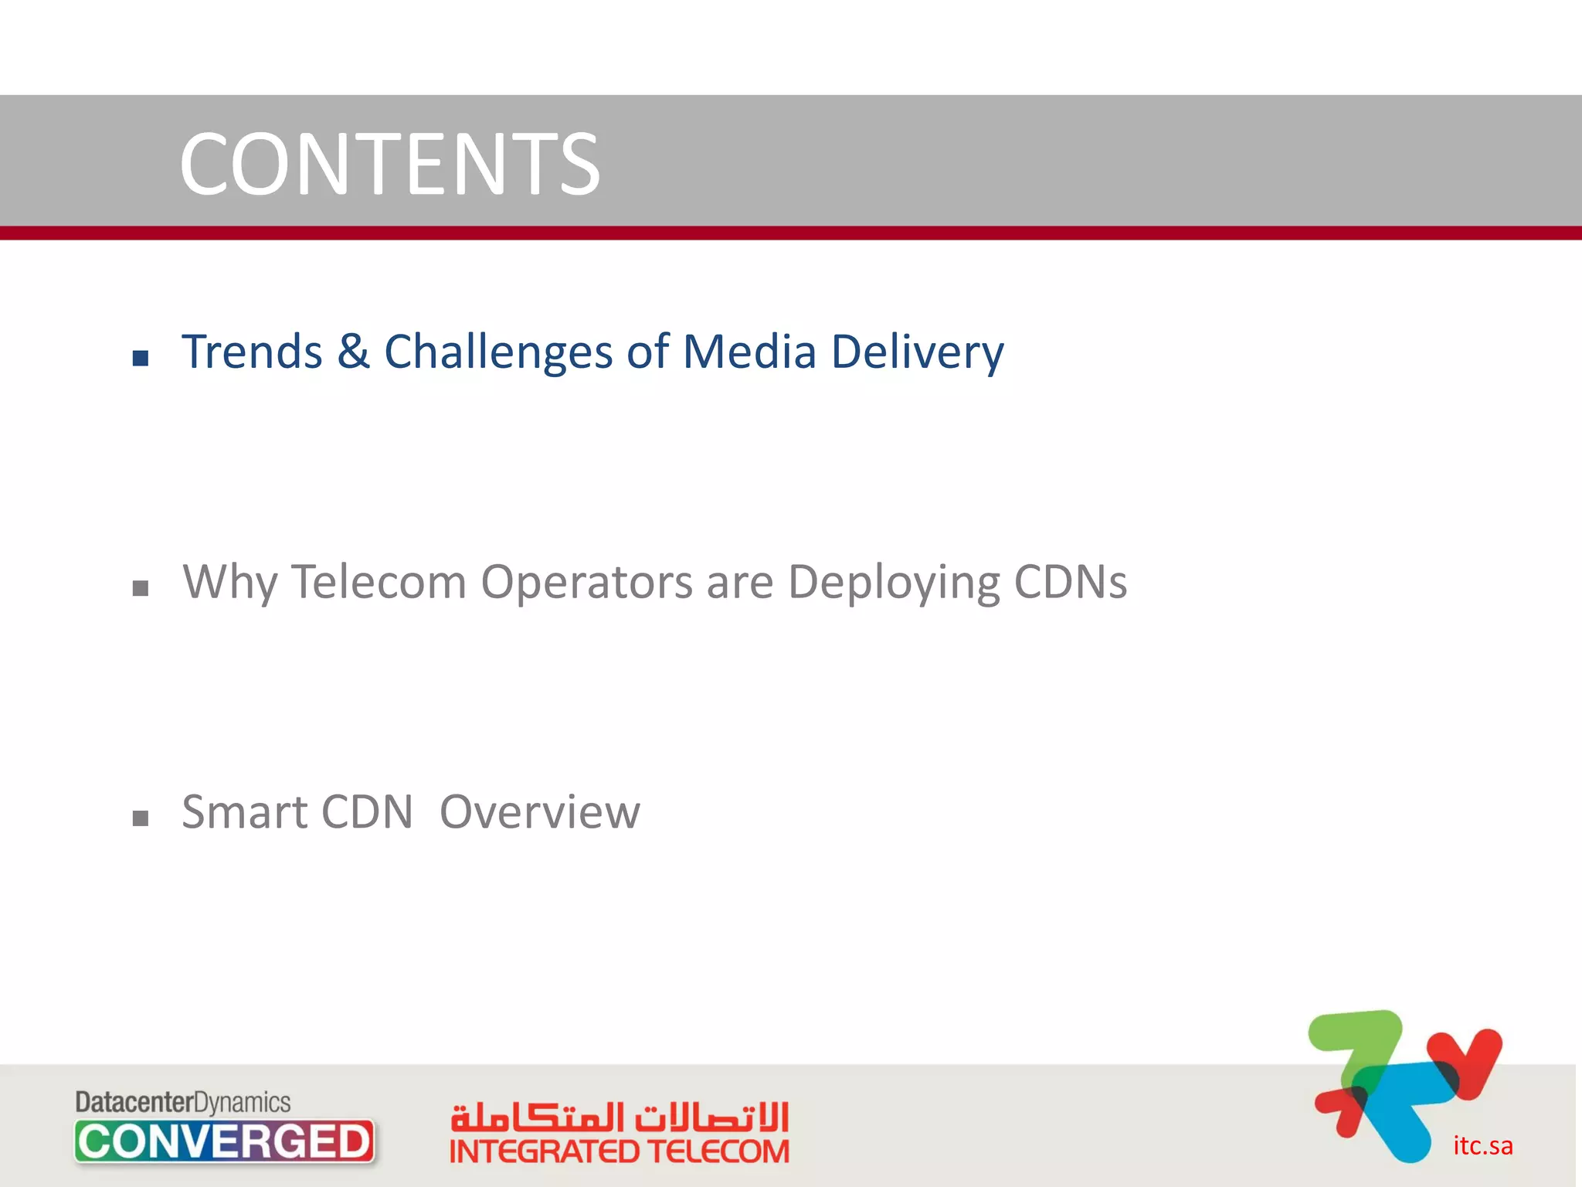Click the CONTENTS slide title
(389, 164)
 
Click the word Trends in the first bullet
(252, 352)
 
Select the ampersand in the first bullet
(353, 352)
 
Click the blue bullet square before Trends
(141, 358)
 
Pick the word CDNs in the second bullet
(1070, 582)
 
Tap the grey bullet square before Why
(141, 589)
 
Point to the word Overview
(539, 812)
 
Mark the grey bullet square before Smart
(141, 819)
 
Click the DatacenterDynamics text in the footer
(183, 1102)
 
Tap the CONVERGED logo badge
(225, 1141)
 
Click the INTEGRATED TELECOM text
(620, 1152)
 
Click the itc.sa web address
(1482, 1145)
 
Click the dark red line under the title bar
(791, 233)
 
